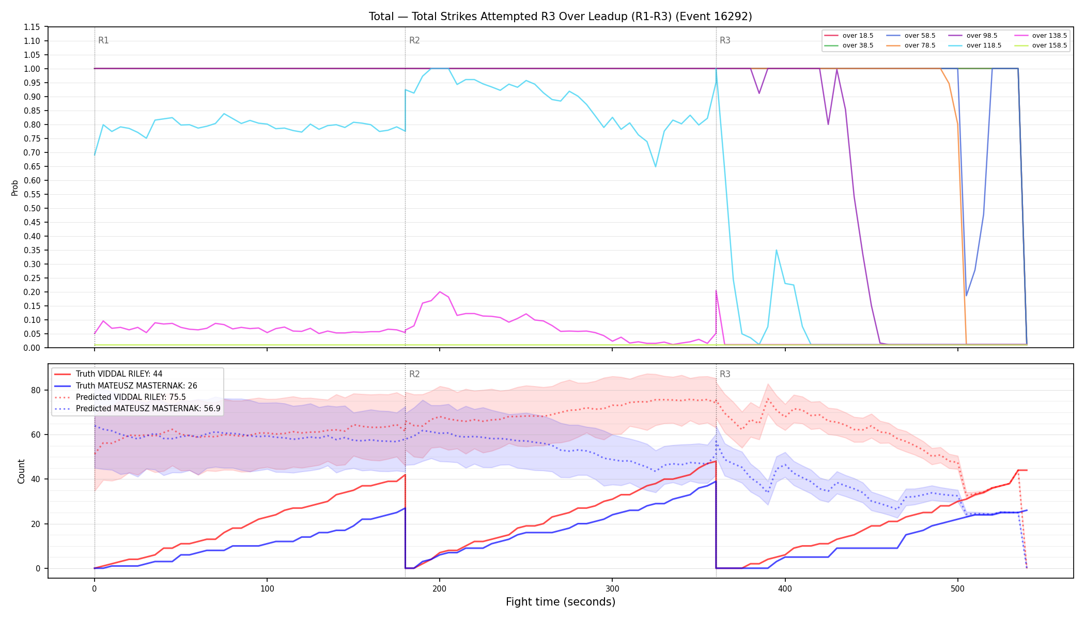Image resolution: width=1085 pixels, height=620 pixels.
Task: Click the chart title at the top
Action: [x=560, y=17]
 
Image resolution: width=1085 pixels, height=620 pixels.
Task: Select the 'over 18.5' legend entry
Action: [x=849, y=36]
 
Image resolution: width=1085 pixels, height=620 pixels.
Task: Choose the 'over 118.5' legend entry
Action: [x=975, y=45]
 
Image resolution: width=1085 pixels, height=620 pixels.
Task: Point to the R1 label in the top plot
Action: [x=103, y=40]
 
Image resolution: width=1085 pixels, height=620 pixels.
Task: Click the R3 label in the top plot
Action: [x=725, y=40]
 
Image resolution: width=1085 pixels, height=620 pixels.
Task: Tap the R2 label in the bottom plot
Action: [x=414, y=374]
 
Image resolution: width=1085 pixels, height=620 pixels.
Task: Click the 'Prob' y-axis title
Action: [x=14, y=188]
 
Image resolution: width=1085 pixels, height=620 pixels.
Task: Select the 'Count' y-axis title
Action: [x=21, y=471]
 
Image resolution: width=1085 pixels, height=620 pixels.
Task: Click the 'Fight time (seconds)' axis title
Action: [x=561, y=602]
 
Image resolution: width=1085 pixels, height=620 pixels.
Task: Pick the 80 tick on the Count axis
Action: [x=36, y=390]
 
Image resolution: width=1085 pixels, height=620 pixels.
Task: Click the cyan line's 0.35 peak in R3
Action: [x=776, y=250]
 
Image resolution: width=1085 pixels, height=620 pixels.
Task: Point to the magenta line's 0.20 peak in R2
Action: [x=440, y=292]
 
